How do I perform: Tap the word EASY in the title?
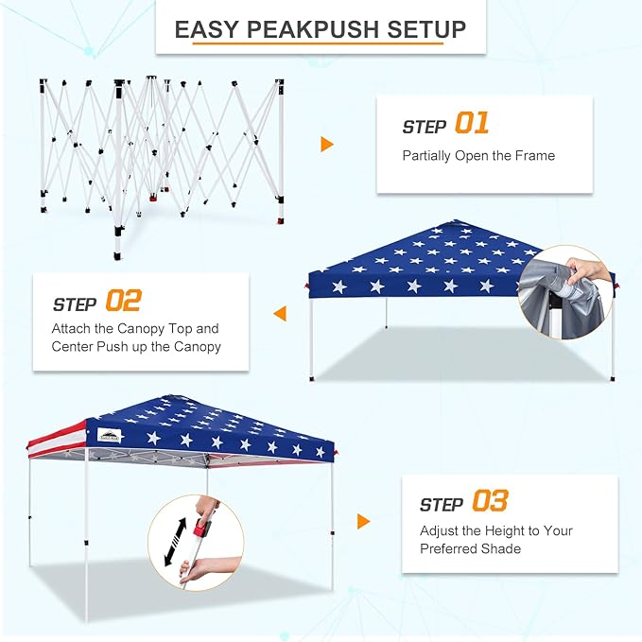point(206,29)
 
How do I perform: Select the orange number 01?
point(472,123)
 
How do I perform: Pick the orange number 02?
point(123,302)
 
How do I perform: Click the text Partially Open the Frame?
point(478,155)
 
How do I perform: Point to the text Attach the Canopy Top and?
point(135,329)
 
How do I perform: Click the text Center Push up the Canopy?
point(136,346)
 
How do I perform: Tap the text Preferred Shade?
point(471,548)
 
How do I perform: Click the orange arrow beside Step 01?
point(327,144)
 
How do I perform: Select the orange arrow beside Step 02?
point(280,313)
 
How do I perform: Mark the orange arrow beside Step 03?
point(364,521)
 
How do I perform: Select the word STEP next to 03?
point(441,505)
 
